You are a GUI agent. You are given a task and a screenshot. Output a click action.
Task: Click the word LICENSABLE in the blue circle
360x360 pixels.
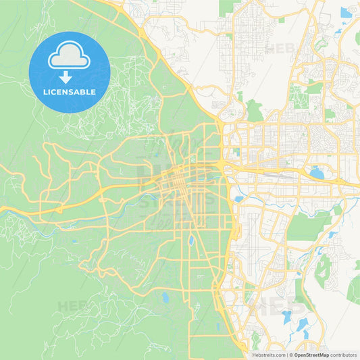(70, 92)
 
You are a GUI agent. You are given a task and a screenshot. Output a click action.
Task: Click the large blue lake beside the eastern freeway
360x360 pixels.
(316, 173)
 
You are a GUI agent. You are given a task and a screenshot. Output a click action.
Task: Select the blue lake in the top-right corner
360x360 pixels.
(346, 12)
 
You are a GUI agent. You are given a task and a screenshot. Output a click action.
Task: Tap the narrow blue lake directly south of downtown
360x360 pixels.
(191, 240)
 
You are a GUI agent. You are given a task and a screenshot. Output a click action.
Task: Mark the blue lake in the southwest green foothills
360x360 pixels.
(164, 297)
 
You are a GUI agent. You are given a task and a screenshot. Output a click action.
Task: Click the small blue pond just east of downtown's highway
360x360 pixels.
(238, 199)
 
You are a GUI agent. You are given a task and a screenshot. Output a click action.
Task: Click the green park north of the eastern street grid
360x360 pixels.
(254, 109)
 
